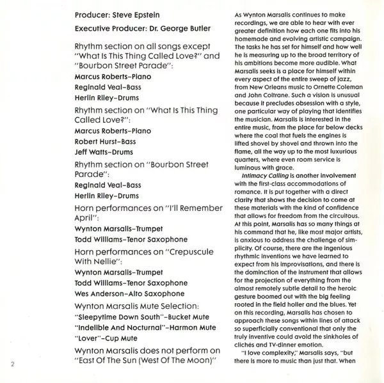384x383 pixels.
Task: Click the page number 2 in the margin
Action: click(12, 365)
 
